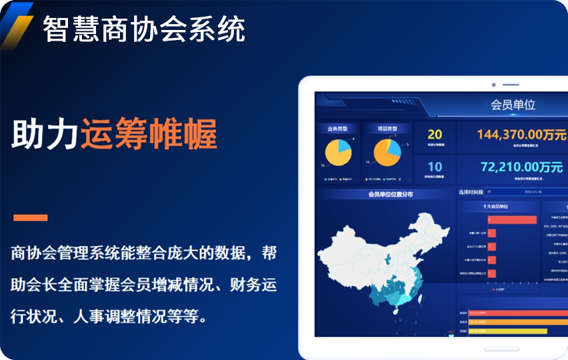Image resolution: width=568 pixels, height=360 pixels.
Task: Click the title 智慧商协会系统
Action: (144, 29)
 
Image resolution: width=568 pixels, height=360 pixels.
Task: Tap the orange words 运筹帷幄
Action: (149, 135)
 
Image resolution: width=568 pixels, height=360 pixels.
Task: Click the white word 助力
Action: (45, 135)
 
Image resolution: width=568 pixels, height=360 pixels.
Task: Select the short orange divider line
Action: (31, 217)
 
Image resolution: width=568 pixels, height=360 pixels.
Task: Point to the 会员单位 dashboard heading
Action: (513, 105)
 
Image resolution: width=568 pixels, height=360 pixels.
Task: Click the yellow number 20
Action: (435, 135)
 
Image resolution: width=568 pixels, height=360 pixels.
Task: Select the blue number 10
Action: (435, 167)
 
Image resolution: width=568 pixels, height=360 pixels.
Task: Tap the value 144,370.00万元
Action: (521, 134)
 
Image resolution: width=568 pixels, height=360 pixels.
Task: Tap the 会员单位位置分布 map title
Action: (391, 195)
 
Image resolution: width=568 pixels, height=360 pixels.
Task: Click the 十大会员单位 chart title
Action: (496, 207)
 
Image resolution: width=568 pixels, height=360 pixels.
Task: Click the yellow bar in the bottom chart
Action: (507, 331)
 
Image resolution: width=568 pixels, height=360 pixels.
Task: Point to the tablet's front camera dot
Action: (493, 85)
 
